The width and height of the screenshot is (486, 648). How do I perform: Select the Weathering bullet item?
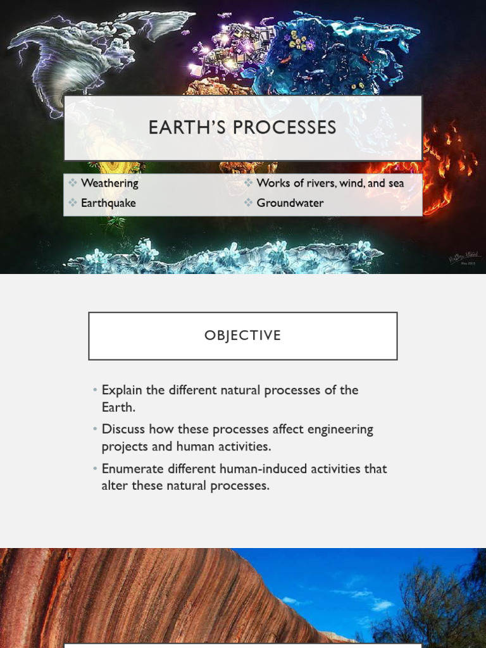tap(109, 184)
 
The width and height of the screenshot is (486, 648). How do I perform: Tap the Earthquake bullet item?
tap(108, 203)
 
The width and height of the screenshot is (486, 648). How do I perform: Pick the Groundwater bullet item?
tap(290, 203)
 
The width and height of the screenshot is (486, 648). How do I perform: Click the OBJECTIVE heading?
tap(242, 336)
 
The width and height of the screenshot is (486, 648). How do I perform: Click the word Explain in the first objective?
tap(123, 390)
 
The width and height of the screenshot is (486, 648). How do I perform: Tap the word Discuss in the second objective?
tap(123, 430)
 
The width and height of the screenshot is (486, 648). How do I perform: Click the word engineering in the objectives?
tap(340, 430)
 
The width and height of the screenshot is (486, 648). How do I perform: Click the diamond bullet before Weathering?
tap(73, 184)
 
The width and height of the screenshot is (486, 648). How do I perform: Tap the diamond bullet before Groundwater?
tap(249, 203)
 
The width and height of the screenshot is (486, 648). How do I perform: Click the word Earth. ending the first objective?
tap(118, 407)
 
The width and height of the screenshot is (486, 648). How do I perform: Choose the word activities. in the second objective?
tap(241, 446)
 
